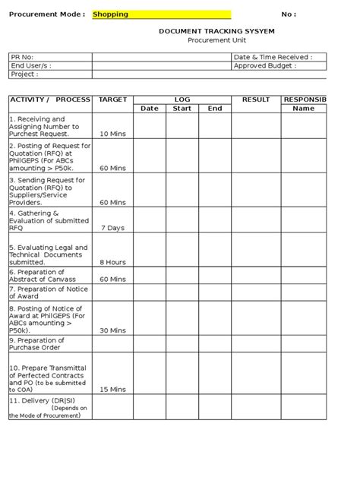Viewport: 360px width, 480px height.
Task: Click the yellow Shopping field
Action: tap(161, 14)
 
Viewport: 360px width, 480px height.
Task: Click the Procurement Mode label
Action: tap(46, 14)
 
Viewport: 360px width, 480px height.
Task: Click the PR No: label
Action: tap(22, 57)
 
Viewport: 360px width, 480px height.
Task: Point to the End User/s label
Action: tap(31, 66)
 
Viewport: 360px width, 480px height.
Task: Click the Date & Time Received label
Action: tap(273, 57)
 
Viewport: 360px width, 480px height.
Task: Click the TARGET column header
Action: tap(113, 99)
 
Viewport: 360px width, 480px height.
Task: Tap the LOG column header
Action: tap(182, 99)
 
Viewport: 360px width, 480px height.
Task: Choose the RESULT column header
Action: tap(256, 99)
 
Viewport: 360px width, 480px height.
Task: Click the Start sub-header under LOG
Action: tap(182, 109)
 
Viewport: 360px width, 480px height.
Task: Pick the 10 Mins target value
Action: tap(113, 134)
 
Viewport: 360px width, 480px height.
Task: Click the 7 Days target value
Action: tap(113, 227)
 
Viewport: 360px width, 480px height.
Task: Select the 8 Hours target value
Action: tap(113, 262)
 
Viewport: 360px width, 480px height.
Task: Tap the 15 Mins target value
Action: tap(113, 389)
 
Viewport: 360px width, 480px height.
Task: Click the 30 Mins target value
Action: tap(113, 331)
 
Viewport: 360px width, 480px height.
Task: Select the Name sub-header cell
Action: tap(303, 109)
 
